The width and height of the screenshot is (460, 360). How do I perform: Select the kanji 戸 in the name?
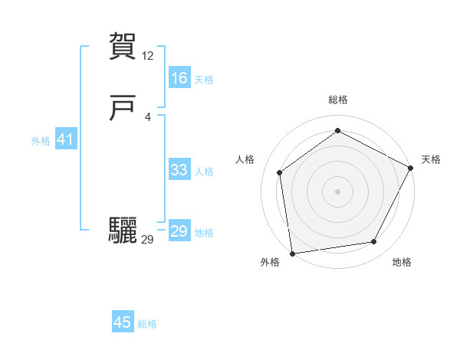(123, 109)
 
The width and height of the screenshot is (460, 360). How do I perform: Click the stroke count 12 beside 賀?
(148, 56)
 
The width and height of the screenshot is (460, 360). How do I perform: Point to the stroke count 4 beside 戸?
(148, 116)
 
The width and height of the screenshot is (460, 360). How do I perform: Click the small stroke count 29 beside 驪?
(148, 240)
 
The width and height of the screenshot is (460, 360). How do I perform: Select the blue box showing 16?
(179, 78)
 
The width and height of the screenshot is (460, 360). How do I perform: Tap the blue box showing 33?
(179, 170)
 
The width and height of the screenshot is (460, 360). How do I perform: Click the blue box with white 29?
(179, 231)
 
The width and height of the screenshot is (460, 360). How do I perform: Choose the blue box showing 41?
(64, 139)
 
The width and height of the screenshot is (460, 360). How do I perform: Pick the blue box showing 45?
(123, 322)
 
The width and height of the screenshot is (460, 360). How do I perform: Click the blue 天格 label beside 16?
(204, 80)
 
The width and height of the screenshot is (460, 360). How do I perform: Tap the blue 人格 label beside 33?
(204, 172)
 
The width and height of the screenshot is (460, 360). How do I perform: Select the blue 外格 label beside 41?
(41, 141)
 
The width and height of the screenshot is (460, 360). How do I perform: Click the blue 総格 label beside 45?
(147, 324)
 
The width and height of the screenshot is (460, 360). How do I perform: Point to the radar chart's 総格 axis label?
(337, 100)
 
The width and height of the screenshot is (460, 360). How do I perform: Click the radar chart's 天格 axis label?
(431, 159)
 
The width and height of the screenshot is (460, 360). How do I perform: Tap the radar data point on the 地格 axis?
(374, 242)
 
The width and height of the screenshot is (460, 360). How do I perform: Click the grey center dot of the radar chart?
(337, 191)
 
